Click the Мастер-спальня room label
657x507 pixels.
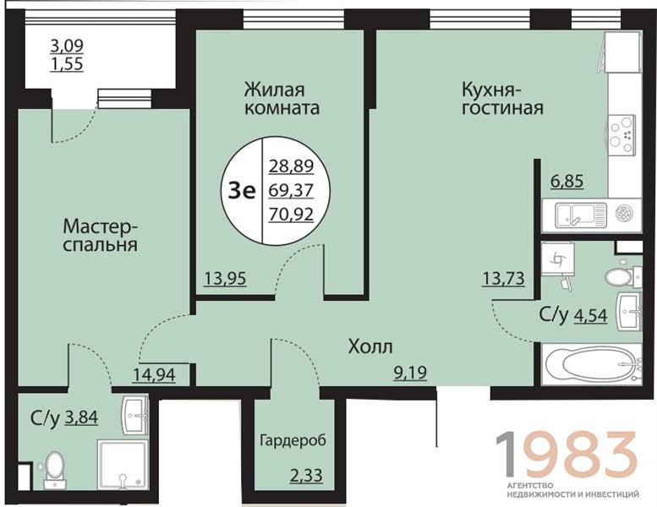click(x=101, y=235)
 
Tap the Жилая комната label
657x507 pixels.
click(x=282, y=99)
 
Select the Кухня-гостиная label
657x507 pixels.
click(x=502, y=99)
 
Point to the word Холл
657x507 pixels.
click(x=370, y=346)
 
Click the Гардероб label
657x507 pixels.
click(x=293, y=440)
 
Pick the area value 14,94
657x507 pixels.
click(x=154, y=374)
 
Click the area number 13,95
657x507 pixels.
click(x=226, y=278)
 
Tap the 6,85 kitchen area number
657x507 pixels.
click(x=567, y=182)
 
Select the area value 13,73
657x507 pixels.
click(x=503, y=278)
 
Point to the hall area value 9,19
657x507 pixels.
click(x=410, y=372)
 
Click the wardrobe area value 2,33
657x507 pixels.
click(x=306, y=476)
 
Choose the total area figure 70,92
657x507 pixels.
click(x=291, y=215)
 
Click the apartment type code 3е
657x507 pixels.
click(x=241, y=191)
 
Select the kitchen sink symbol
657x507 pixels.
click(x=581, y=215)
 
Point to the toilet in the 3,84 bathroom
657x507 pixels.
click(x=54, y=470)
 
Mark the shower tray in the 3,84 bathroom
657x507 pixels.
click(x=123, y=464)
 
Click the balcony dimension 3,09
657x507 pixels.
click(x=67, y=46)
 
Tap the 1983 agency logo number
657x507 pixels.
click(x=567, y=455)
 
